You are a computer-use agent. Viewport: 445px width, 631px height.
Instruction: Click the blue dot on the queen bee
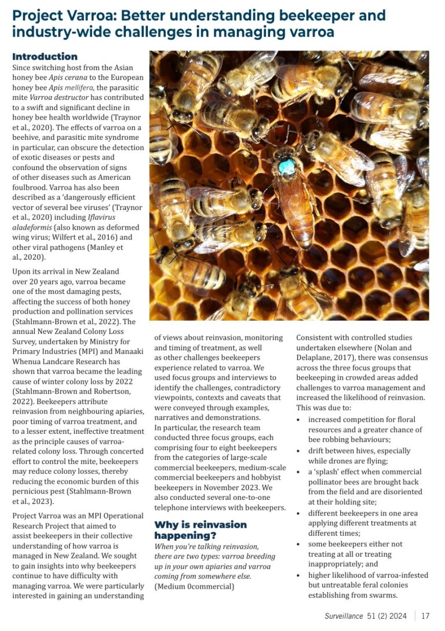(x=286, y=167)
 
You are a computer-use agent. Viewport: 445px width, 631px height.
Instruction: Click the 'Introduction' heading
(x=45, y=57)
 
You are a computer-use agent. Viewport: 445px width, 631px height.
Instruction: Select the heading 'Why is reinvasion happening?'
(x=200, y=530)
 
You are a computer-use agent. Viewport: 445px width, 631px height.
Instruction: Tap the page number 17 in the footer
(x=425, y=615)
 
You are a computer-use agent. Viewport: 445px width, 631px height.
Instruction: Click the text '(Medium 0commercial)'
(x=194, y=586)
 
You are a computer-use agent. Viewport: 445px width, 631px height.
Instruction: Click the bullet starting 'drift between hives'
(x=359, y=456)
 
